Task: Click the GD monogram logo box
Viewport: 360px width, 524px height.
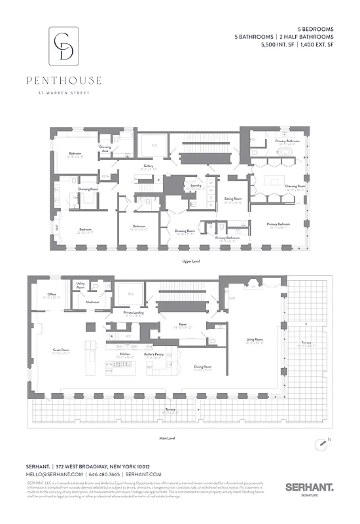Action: click(63, 45)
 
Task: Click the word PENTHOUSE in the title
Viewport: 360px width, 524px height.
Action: click(63, 81)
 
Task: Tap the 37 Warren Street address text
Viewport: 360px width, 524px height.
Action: click(63, 92)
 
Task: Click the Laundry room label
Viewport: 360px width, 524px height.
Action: click(194, 186)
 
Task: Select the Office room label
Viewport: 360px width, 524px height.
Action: click(43, 295)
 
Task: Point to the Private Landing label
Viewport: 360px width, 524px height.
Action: click(134, 313)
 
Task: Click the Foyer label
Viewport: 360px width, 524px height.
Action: click(183, 324)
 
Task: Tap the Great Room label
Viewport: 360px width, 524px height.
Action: click(62, 350)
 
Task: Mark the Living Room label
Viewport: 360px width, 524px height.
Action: click(254, 339)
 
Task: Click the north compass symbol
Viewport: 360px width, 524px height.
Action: click(323, 443)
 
